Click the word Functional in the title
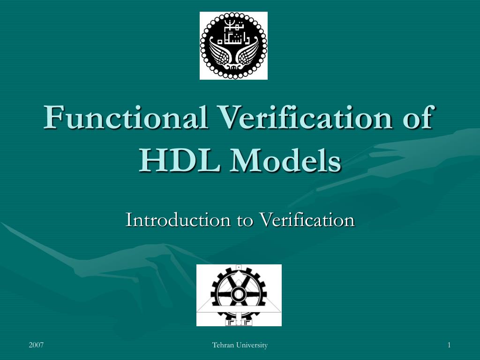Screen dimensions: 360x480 [126, 118]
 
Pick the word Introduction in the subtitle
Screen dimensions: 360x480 [177, 219]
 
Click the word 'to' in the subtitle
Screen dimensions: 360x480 [244, 220]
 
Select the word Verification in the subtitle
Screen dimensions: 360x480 [307, 219]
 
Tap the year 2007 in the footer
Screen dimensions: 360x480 [36, 345]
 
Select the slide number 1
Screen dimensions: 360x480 [449, 345]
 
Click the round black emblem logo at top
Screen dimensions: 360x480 [233, 45]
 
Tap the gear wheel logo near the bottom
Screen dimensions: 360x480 [239, 295]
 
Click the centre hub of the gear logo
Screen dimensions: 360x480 [239, 294]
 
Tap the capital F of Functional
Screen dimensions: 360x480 [53, 117]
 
